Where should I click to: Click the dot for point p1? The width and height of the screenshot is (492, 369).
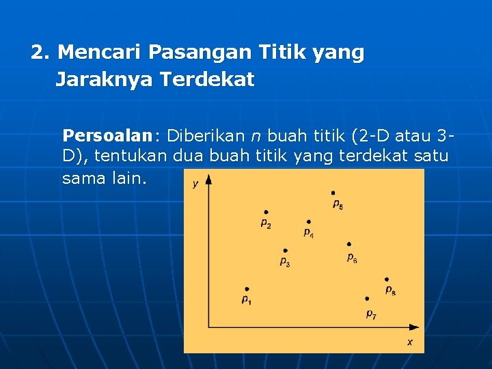click(x=247, y=289)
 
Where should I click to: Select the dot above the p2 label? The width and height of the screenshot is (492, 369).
click(x=266, y=213)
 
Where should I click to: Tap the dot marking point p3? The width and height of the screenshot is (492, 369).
click(x=285, y=251)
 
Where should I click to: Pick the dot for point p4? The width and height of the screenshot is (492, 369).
click(x=309, y=221)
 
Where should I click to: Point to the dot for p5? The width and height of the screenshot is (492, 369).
click(x=333, y=193)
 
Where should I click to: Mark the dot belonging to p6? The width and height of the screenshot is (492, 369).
click(x=349, y=244)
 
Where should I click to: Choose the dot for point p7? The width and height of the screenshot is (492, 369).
click(x=367, y=299)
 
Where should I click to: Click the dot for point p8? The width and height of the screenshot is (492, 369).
click(x=387, y=279)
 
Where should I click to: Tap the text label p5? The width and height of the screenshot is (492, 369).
click(x=338, y=204)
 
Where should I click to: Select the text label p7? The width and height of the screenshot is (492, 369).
click(x=371, y=314)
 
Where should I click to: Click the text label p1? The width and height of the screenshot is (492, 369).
click(x=247, y=301)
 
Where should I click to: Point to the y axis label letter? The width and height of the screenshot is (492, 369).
click(x=195, y=183)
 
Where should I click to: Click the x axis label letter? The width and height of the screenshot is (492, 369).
click(x=410, y=342)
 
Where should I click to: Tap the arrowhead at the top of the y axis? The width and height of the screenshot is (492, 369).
click(x=208, y=179)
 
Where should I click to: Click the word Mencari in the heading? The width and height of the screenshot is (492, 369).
click(x=100, y=52)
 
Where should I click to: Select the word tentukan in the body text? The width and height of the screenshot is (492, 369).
click(x=131, y=156)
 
